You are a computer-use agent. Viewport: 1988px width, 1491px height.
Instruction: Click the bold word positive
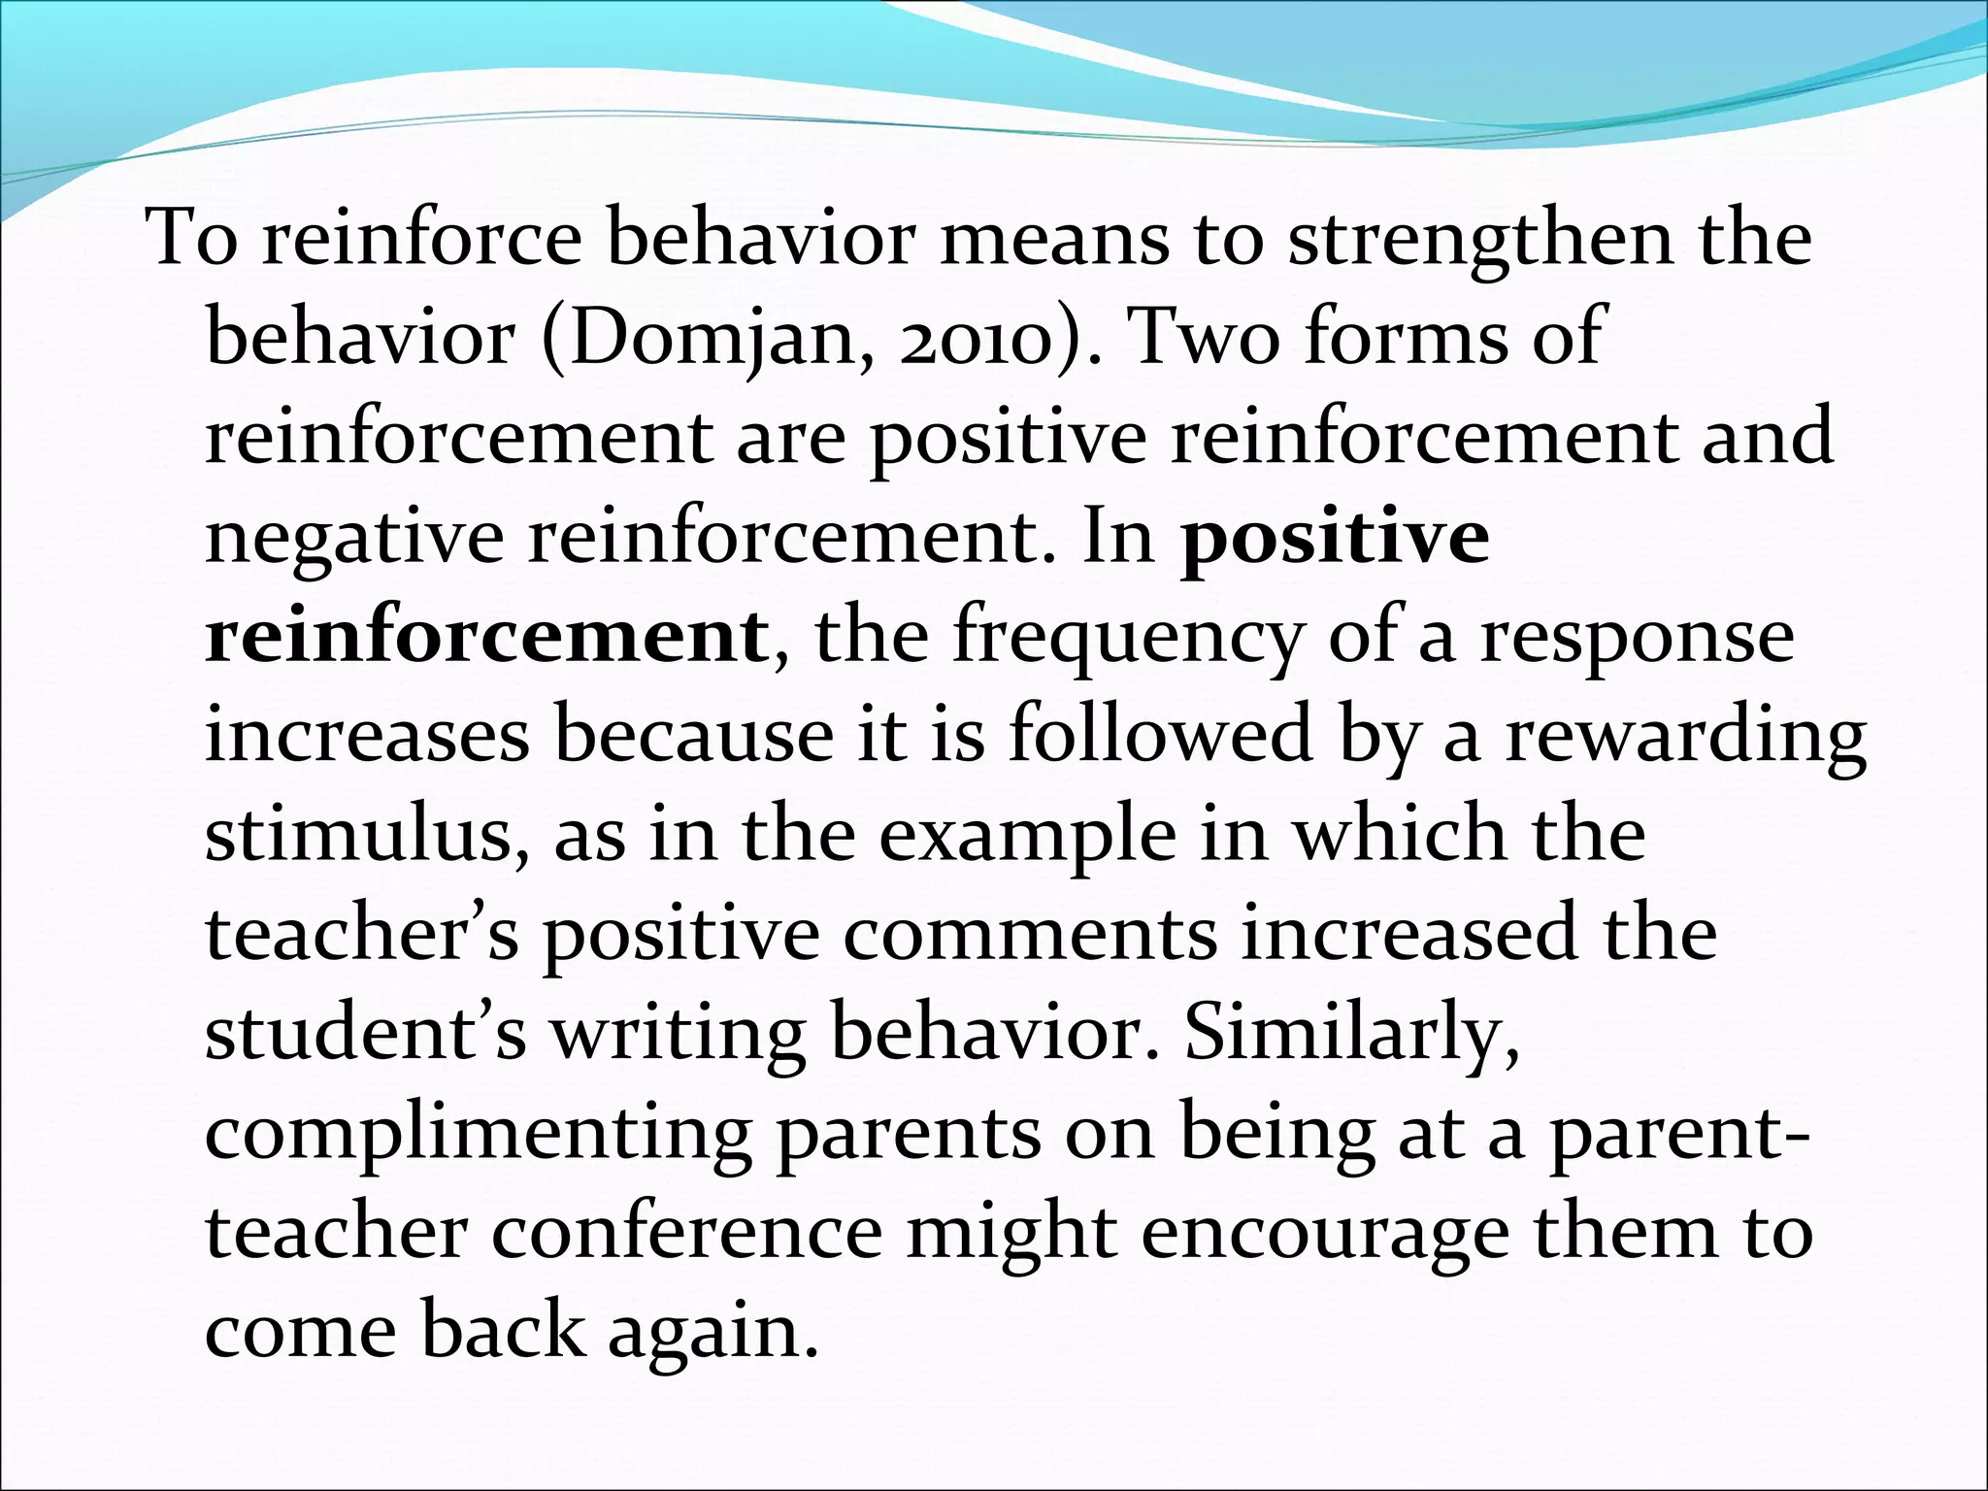(1334, 537)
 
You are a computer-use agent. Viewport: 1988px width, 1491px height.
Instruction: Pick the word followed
(1161, 735)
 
